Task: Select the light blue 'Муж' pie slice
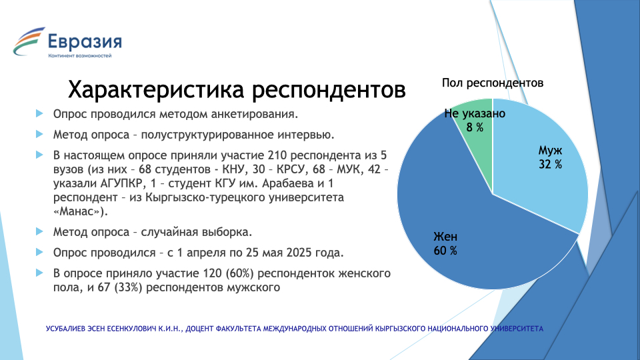point(543,163)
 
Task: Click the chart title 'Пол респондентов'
point(493,83)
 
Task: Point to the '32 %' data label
point(550,164)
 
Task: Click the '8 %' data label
point(475,127)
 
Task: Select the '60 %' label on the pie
point(445,251)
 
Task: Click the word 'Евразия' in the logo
point(85,41)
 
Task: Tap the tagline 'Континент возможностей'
point(79,55)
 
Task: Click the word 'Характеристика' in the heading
point(156,89)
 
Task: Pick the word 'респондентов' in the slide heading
point(329,91)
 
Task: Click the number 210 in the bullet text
point(277,155)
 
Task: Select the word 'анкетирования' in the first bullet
point(255,114)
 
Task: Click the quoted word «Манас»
point(81,211)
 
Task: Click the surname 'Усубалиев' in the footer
point(66,329)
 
